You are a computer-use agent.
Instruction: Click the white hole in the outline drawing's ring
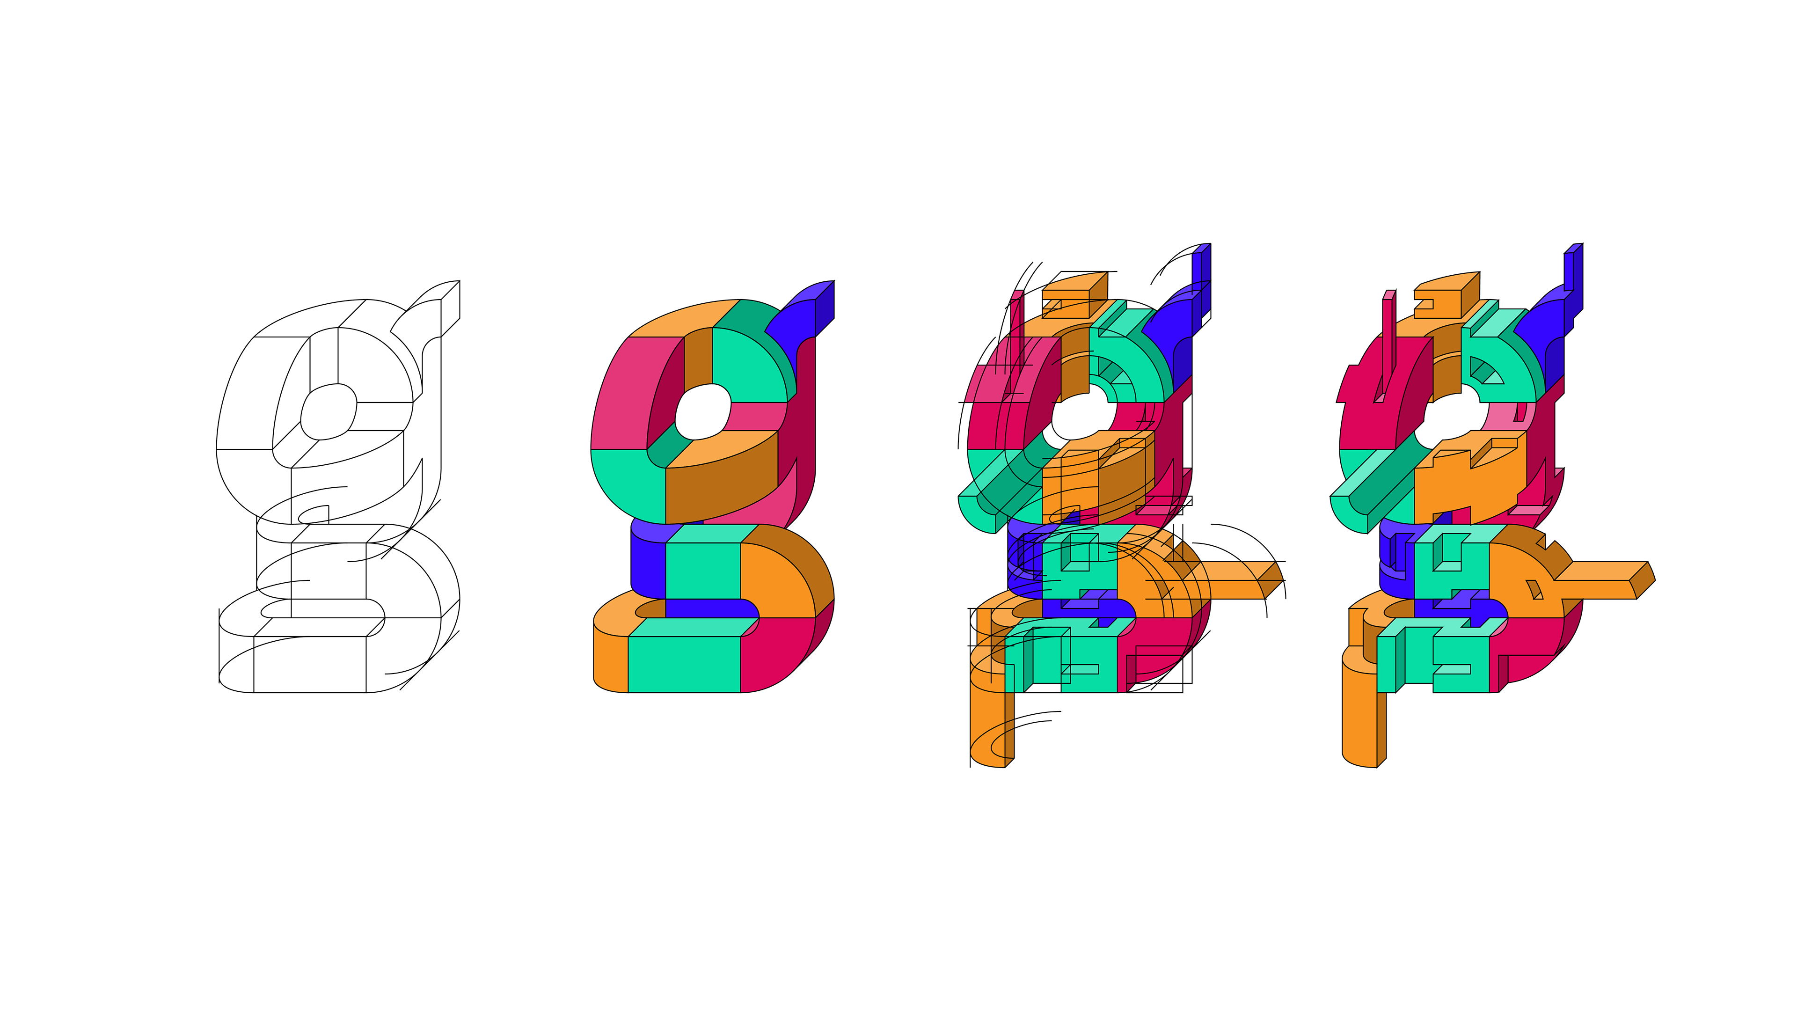pyautogui.click(x=328, y=412)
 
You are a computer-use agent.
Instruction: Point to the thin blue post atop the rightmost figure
pyautogui.click(x=1569, y=272)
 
